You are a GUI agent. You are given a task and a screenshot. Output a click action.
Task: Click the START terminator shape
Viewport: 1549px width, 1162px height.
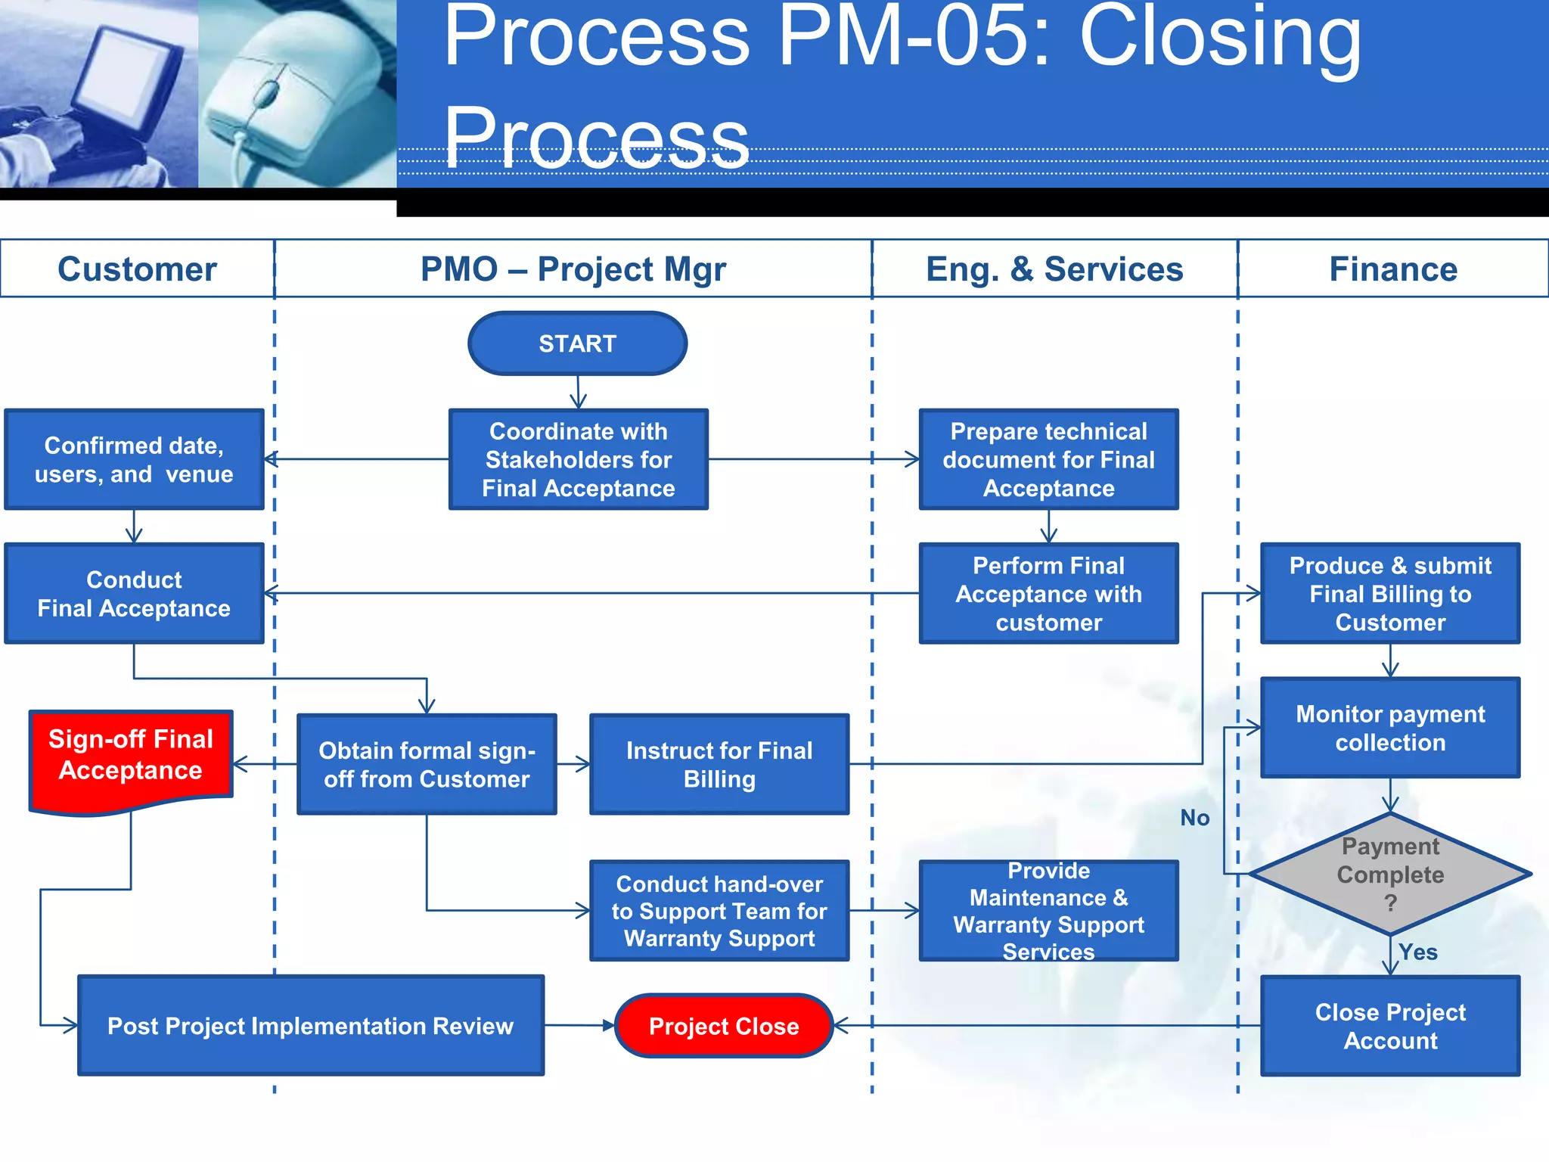click(x=577, y=343)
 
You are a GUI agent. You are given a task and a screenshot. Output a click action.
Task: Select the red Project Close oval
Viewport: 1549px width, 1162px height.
click(x=724, y=1026)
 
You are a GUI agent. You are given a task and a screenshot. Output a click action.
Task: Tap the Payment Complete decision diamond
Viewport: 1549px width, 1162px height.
click(x=1389, y=875)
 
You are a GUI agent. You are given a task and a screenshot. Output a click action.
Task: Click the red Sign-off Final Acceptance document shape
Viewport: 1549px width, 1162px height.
click(x=131, y=757)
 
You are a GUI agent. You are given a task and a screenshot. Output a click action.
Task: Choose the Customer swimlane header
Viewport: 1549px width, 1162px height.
click(x=137, y=269)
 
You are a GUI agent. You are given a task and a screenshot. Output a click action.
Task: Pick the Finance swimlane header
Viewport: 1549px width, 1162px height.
click(x=1393, y=269)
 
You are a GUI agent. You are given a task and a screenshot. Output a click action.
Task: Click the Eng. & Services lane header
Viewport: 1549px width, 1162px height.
click(x=1054, y=269)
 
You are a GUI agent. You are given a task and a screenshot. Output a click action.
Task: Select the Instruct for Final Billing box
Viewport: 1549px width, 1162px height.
click(x=719, y=764)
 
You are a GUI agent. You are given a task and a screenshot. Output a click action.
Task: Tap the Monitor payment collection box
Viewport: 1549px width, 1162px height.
click(x=1390, y=728)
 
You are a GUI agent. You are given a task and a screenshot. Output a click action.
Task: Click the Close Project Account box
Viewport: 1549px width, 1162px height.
click(x=1390, y=1026)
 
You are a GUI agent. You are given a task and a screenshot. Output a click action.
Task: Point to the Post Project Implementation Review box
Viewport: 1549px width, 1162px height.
click(x=311, y=1026)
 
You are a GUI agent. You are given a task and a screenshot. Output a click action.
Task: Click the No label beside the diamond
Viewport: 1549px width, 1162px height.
click(x=1194, y=818)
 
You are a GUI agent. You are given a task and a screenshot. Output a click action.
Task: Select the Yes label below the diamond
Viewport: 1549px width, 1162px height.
click(x=1417, y=952)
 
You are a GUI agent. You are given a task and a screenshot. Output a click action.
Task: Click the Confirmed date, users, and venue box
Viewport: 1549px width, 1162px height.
click(x=134, y=459)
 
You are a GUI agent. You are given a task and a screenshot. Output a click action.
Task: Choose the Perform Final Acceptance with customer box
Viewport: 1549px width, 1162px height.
click(x=1048, y=594)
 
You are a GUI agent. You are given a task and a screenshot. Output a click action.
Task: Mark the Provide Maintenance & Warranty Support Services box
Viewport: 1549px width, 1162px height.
click(x=1048, y=911)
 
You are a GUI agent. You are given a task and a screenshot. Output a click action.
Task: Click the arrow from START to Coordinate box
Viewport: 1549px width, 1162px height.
click(x=578, y=392)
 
